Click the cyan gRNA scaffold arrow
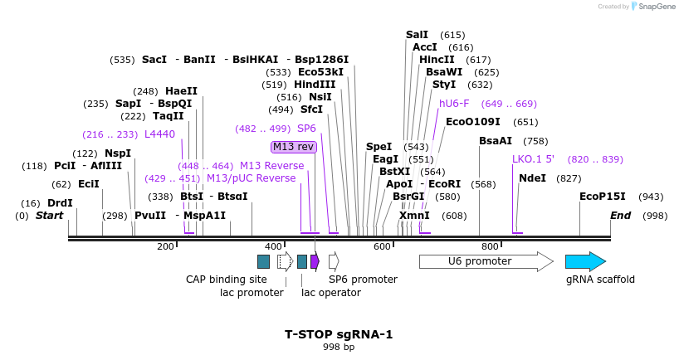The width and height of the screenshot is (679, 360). [585, 261]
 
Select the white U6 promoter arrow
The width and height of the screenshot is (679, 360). [486, 261]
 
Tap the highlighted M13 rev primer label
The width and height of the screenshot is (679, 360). [294, 147]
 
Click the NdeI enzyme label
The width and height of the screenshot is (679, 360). [532, 178]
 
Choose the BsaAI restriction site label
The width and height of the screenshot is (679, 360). [496, 140]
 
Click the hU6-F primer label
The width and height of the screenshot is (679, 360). [454, 104]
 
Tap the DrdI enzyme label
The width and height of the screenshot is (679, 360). [60, 202]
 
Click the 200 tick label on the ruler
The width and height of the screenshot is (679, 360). [165, 246]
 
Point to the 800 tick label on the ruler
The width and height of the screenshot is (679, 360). [490, 246]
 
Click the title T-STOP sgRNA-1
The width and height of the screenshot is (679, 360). [339, 335]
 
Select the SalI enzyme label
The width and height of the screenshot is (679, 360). [417, 35]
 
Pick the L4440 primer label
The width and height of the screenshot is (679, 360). [159, 134]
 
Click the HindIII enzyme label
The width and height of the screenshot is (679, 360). [315, 85]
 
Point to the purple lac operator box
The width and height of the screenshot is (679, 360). [315, 261]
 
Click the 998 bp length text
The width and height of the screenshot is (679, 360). [339, 347]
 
